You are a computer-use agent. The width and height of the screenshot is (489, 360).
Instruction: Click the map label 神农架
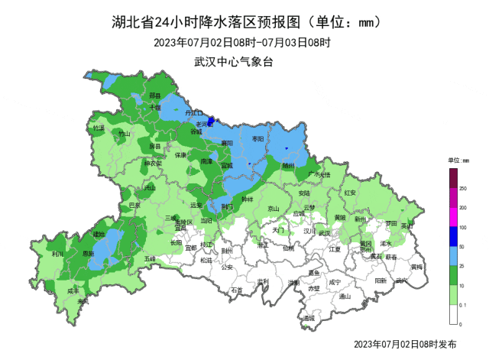point(154,163)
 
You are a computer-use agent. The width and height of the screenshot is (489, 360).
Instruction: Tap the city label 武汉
point(324,233)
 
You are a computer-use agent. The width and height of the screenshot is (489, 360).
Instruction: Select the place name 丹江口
point(194,112)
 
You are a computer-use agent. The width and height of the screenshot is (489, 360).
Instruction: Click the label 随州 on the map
point(288,164)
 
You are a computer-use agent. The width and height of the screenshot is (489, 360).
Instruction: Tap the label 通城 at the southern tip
point(308,318)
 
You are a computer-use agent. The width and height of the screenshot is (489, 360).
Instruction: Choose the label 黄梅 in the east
point(416,267)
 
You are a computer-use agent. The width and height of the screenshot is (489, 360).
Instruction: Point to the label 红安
point(351,193)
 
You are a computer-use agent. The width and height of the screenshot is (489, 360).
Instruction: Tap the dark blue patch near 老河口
point(212,120)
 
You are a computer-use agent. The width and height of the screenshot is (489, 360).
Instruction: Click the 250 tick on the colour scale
point(462,188)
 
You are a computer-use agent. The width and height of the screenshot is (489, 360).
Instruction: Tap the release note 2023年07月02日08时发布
point(406,345)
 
